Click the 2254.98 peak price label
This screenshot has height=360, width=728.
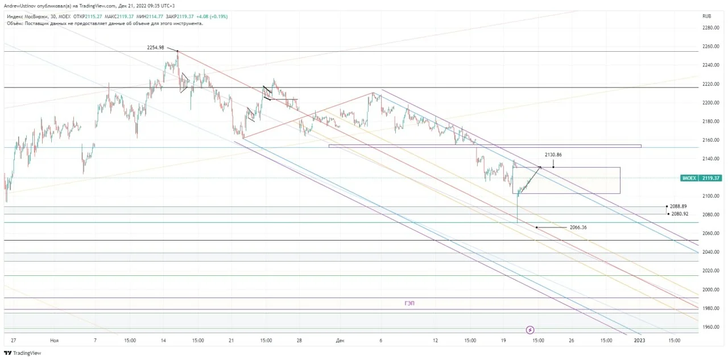[155, 47]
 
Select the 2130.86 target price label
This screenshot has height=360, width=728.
[553, 155]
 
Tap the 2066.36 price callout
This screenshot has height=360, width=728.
[578, 227]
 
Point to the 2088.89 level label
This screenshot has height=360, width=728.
[679, 206]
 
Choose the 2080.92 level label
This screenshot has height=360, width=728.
[680, 214]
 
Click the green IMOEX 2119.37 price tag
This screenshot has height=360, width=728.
[701, 178]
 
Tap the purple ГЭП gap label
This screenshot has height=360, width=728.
[409, 303]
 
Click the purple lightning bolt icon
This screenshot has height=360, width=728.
[530, 330]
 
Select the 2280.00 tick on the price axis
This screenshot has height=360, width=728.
[711, 28]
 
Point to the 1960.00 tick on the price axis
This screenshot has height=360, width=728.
[711, 327]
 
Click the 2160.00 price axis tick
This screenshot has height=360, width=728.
[711, 140]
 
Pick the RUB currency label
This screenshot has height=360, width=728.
[706, 16]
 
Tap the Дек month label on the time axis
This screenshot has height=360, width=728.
[340, 341]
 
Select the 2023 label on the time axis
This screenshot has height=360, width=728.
[640, 341]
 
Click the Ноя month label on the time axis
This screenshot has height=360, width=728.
[54, 341]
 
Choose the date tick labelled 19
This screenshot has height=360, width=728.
[503, 341]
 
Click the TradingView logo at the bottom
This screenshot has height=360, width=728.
[22, 353]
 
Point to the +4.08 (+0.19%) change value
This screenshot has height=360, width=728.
[212, 16]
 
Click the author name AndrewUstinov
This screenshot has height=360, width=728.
[20, 6]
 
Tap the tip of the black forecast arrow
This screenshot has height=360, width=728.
[541, 167]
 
